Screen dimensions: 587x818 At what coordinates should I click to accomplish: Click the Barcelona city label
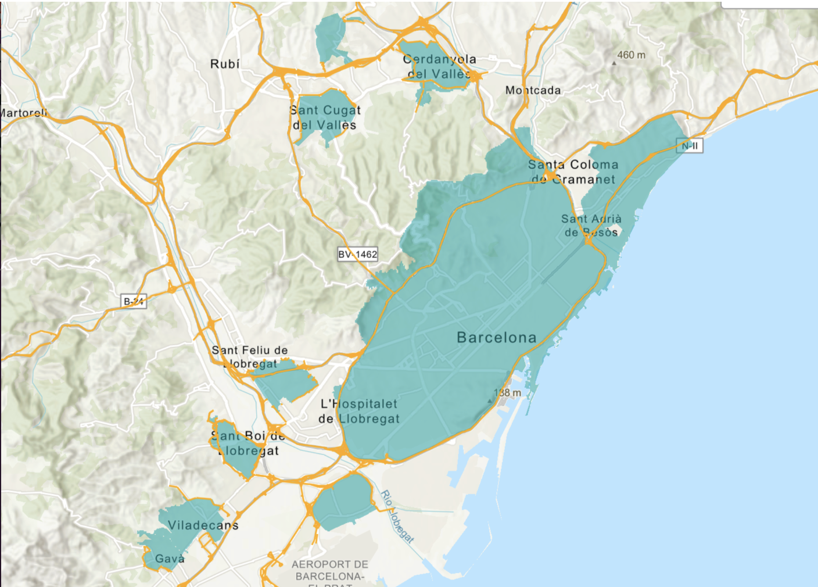[x=496, y=338]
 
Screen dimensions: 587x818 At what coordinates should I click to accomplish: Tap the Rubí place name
[x=225, y=64]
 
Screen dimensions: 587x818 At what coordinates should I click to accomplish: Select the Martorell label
[x=23, y=113]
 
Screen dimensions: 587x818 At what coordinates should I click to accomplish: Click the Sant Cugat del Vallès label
[x=325, y=117]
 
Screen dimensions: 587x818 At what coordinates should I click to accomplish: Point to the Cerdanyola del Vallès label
[x=439, y=67]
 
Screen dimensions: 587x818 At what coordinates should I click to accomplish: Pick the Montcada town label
[x=533, y=90]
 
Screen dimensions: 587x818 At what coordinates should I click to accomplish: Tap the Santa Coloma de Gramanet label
[x=573, y=172]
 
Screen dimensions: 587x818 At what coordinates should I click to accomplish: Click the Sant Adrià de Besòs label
[x=591, y=226]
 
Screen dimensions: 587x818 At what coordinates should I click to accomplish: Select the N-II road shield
[x=690, y=146]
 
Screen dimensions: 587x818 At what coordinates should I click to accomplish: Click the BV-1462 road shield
[x=358, y=254]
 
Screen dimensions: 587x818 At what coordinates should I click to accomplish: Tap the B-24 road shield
[x=134, y=301]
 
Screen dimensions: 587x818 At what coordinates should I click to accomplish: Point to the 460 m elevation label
[x=631, y=55]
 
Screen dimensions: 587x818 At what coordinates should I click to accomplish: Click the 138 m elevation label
[x=507, y=393]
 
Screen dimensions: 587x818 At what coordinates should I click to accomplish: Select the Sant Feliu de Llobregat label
[x=250, y=357]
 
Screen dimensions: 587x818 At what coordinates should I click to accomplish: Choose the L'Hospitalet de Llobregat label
[x=359, y=411]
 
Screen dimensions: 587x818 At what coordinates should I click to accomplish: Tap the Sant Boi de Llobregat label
[x=248, y=443]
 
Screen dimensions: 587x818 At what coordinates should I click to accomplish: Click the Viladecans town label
[x=203, y=525]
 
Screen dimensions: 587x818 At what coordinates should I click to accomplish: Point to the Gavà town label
[x=170, y=559]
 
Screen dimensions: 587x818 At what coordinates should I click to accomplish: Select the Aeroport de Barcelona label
[x=329, y=571]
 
